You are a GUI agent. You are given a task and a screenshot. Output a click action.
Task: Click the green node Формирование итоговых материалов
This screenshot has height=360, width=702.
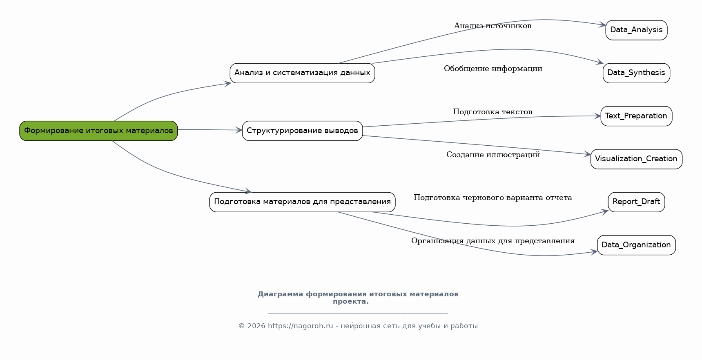(x=98, y=131)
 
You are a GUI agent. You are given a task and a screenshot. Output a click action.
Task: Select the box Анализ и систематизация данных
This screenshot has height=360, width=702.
(x=302, y=73)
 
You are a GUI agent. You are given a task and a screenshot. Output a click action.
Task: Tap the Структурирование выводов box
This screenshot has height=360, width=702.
(x=302, y=131)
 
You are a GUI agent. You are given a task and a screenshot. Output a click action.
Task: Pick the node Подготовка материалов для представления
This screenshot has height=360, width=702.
(x=302, y=202)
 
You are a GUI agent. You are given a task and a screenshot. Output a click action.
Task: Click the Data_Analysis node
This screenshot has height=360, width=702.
(x=636, y=30)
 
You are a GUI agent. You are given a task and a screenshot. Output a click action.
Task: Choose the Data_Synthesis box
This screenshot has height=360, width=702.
(x=636, y=73)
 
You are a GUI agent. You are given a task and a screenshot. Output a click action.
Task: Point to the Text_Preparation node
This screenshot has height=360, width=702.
(x=636, y=116)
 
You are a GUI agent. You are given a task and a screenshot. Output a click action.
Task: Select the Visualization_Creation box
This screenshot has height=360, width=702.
(x=636, y=159)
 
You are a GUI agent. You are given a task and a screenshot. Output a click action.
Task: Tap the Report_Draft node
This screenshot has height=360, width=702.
(x=636, y=202)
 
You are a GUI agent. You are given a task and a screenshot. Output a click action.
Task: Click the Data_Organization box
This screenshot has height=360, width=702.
(x=636, y=245)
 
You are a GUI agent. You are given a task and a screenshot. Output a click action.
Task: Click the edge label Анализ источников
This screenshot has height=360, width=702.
(x=493, y=26)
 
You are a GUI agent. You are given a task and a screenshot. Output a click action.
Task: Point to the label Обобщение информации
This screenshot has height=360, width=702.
(x=493, y=69)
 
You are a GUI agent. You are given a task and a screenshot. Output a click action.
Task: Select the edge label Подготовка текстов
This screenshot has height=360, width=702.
(x=493, y=112)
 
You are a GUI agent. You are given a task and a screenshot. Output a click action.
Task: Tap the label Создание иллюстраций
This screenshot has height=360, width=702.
(x=493, y=155)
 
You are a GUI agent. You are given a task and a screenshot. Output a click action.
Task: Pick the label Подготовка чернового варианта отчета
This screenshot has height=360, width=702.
(x=493, y=198)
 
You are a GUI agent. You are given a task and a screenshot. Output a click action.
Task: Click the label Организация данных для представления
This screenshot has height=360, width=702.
(x=493, y=241)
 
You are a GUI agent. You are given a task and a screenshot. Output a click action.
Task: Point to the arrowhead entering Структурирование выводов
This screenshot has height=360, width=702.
(x=238, y=130)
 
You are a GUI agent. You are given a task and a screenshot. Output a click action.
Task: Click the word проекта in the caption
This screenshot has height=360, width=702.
(x=350, y=302)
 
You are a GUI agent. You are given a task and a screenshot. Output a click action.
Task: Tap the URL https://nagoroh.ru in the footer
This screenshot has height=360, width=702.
(x=301, y=326)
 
